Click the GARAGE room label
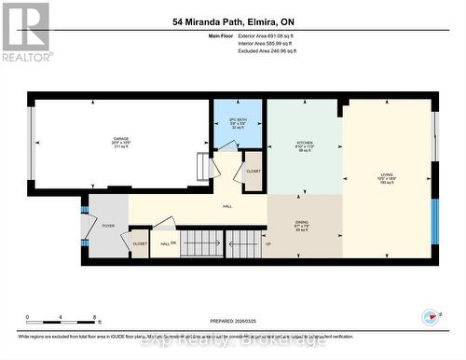(x=118, y=140)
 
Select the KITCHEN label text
(x=304, y=145)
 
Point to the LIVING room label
(x=386, y=176)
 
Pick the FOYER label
(x=108, y=225)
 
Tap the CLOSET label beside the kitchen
(x=254, y=172)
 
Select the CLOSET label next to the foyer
(x=140, y=242)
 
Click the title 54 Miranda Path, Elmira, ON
(x=232, y=21)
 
